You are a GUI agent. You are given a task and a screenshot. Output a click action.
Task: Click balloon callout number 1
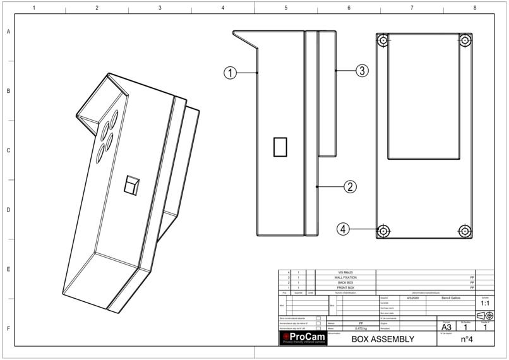point(231,73)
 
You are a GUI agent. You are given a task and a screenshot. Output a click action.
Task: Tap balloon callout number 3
point(361,71)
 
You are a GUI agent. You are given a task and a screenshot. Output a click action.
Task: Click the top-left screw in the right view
point(383,40)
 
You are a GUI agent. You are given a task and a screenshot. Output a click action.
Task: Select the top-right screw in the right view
point(465,40)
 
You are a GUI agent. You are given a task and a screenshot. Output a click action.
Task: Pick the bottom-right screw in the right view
point(465,230)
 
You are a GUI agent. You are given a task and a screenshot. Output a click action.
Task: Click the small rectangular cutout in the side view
point(280,147)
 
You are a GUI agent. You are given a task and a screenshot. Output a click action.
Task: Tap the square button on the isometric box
point(130,184)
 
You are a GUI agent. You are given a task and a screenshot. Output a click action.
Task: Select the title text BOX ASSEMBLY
point(383,339)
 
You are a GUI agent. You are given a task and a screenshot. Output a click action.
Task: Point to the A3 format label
point(446,327)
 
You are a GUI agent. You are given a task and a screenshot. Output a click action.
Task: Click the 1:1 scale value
point(484,303)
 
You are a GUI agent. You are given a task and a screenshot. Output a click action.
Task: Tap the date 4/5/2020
point(414,297)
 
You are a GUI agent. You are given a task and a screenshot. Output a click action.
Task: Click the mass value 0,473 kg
point(361,328)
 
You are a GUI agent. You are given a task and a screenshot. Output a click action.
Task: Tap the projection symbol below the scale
point(484,315)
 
